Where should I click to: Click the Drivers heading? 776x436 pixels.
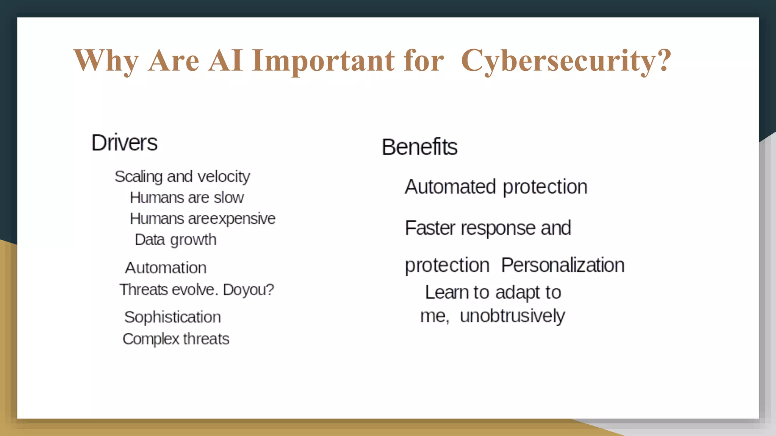[x=124, y=143]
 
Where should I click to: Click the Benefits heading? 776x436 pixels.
[x=419, y=147]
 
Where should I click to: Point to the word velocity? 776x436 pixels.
[x=224, y=177]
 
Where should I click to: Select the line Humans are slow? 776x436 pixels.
[x=186, y=198]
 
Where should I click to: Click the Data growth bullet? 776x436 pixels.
[x=175, y=240]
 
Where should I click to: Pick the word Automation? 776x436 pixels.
[x=166, y=268]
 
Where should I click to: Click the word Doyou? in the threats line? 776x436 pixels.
[x=248, y=290]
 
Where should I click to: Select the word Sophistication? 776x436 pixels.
[x=172, y=317]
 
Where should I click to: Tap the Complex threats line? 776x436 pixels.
[x=176, y=339]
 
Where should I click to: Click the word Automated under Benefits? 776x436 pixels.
[x=450, y=187]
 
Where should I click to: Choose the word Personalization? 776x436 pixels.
[x=563, y=265]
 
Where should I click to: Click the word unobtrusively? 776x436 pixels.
[x=512, y=316]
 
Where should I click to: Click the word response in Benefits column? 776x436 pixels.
[x=498, y=228]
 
